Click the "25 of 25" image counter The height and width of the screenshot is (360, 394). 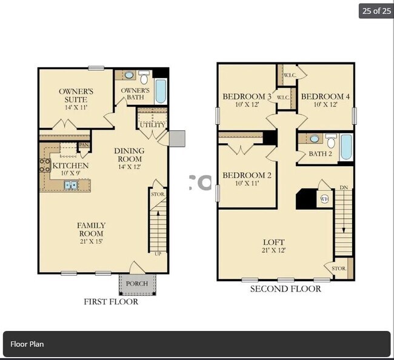click(x=376, y=10)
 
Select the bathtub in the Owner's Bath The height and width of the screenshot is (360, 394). click(x=161, y=91)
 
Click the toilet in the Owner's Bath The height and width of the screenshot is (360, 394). click(x=144, y=78)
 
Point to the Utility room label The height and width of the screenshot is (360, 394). click(x=152, y=124)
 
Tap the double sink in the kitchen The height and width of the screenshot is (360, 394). click(x=71, y=185)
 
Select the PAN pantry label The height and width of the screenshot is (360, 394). click(x=84, y=145)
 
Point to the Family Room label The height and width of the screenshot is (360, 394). click(x=91, y=229)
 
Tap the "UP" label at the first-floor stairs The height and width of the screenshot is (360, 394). click(x=158, y=253)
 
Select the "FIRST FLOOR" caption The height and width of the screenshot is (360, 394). click(x=110, y=302)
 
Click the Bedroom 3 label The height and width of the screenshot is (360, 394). click(x=247, y=100)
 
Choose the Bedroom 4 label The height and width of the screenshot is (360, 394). click(x=325, y=100)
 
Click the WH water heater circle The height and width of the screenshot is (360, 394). click(x=324, y=198)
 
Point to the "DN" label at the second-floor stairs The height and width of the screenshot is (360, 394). click(x=344, y=187)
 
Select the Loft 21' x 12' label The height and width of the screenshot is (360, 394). click(x=273, y=245)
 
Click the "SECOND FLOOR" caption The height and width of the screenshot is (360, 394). click(x=285, y=289)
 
